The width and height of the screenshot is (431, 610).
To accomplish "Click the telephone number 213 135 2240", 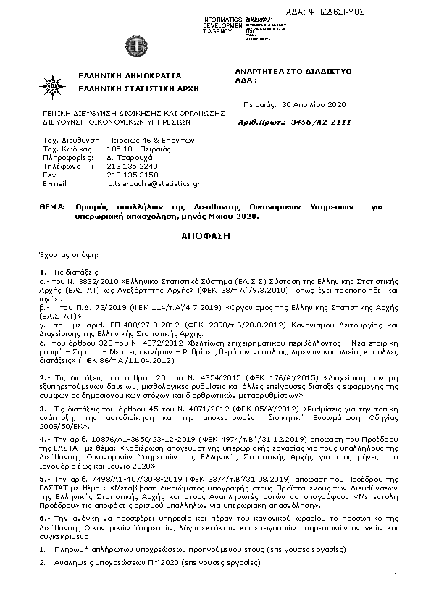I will tap(132, 165).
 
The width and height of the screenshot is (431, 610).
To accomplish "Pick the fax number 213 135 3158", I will tap(132, 175).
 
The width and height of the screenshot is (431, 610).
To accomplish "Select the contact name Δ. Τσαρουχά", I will tap(129, 156).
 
